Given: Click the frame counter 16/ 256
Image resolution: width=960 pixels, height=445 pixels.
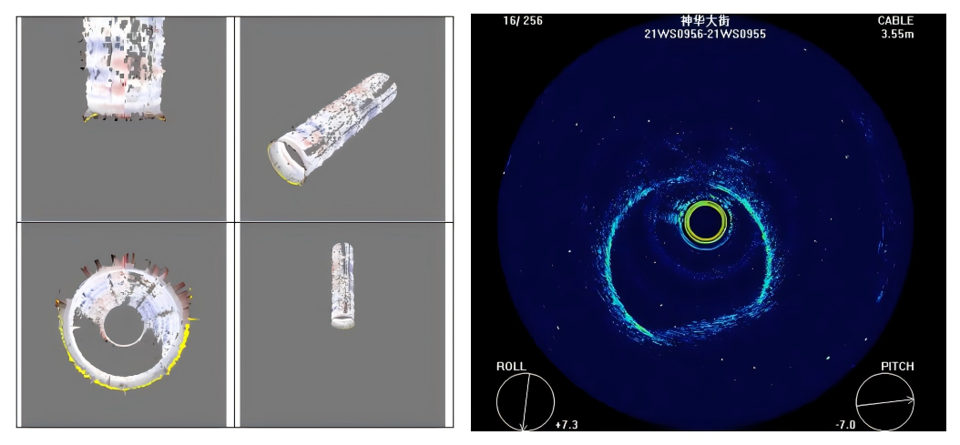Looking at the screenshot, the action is pos(522,21).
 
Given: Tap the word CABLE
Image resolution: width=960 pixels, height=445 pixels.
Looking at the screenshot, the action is pos(895,22).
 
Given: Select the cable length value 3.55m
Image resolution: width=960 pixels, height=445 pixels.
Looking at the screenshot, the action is pos(897,35).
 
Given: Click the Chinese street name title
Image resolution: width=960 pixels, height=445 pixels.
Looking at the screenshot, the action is pos(705,21).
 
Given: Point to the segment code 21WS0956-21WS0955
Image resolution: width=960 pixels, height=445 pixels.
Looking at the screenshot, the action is pos(705,35).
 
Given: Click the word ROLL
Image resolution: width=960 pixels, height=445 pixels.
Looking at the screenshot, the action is pos(511,367).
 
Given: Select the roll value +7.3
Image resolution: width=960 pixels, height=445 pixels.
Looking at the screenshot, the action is pos(567,425).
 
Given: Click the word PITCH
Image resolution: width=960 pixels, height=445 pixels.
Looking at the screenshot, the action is pos(897,367).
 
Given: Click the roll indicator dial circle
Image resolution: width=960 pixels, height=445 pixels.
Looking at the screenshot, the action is pos(526,374).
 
